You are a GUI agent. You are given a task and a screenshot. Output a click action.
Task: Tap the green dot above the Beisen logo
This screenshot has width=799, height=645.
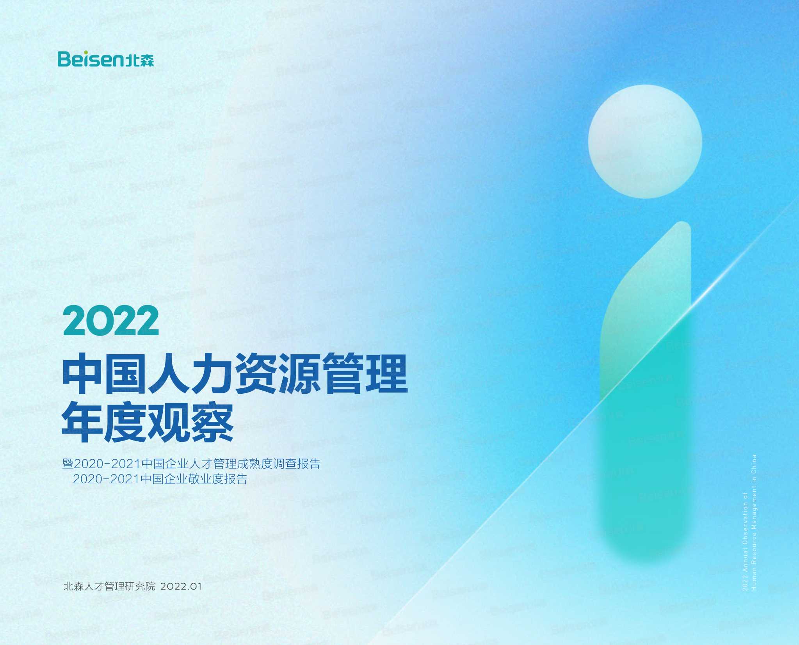click(x=86, y=52)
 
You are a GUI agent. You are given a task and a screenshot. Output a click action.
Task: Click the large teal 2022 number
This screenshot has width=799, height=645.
click(x=111, y=321)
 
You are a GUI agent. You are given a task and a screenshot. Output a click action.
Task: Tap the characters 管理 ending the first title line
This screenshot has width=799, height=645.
click(x=365, y=373)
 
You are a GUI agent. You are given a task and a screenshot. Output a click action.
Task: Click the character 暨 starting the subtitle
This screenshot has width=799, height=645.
click(x=68, y=464)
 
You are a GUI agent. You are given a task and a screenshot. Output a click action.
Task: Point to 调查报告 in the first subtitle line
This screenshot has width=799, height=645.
click(x=297, y=464)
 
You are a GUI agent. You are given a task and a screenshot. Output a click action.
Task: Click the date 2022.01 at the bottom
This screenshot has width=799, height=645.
click(x=181, y=586)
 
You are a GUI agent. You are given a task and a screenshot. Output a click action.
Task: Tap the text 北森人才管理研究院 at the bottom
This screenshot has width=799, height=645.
click(x=109, y=586)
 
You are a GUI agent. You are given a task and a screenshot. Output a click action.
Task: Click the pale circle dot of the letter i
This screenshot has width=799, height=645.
click(x=645, y=141)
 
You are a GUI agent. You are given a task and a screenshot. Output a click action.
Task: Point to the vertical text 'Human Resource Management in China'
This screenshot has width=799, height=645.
click(x=754, y=523)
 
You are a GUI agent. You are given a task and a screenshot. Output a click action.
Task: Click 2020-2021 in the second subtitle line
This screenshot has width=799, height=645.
click(x=106, y=479)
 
